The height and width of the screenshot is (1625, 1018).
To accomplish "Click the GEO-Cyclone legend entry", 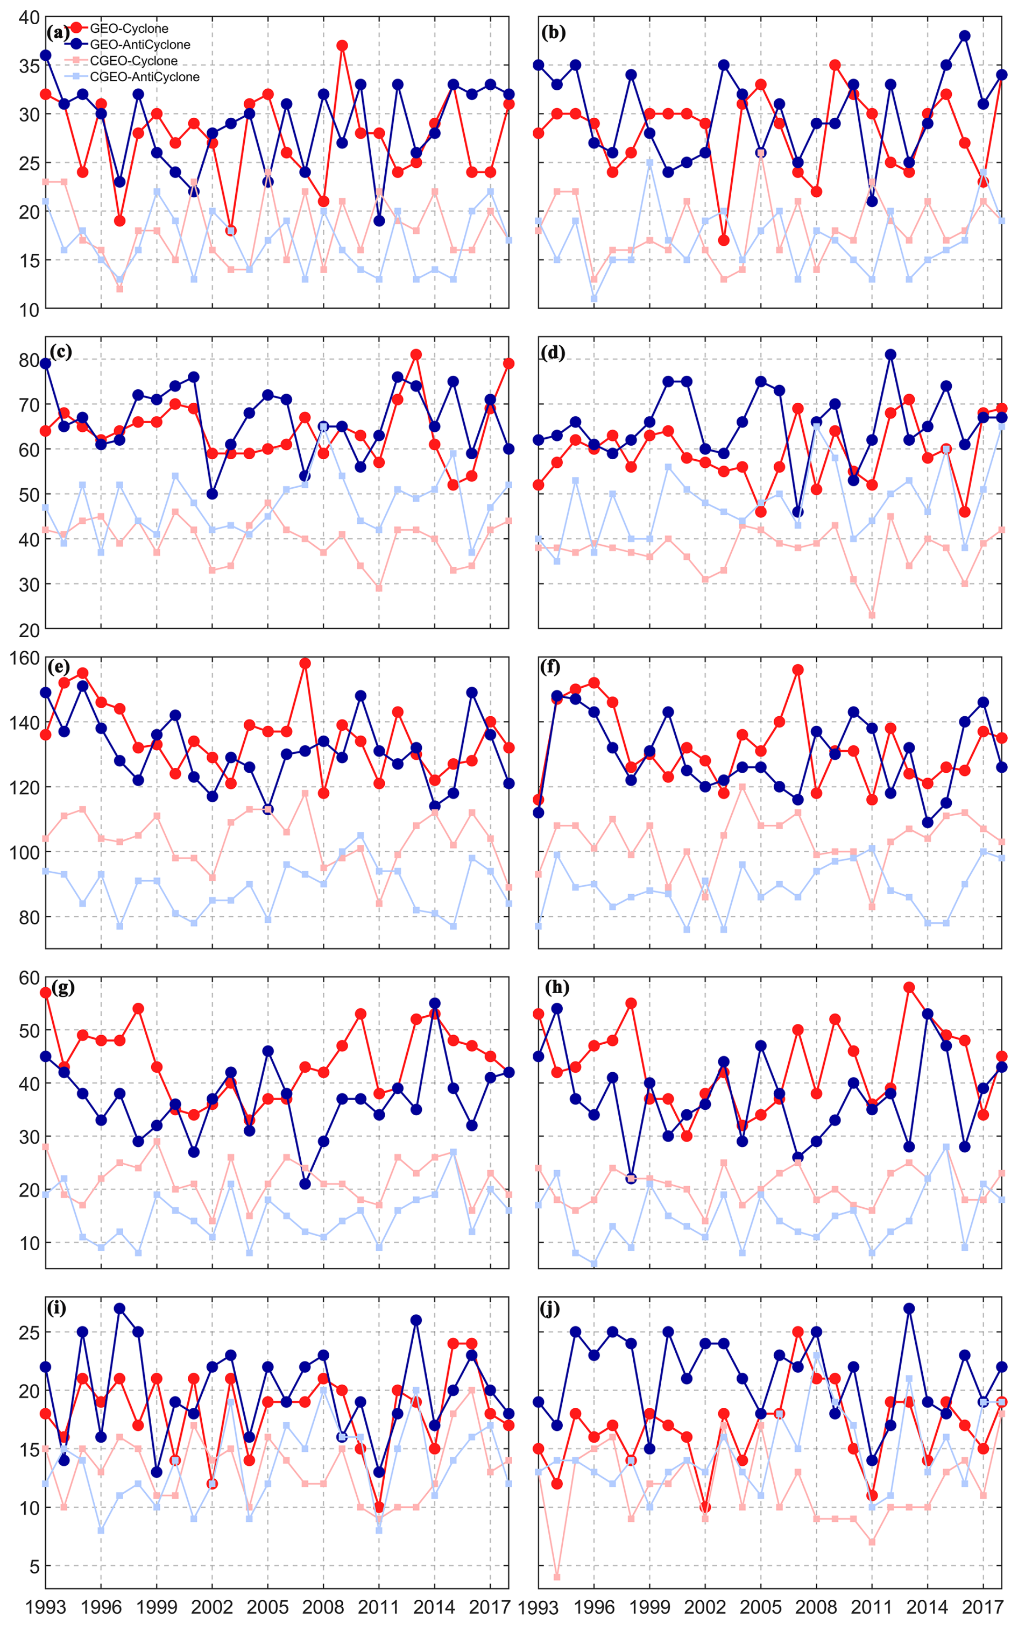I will (129, 28).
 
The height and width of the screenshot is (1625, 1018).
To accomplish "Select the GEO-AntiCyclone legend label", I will (139, 45).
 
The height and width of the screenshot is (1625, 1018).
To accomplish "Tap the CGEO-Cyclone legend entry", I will (133, 61).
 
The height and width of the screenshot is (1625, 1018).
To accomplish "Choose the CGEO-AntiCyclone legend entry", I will (144, 77).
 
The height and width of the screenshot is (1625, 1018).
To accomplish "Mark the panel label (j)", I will (550, 1309).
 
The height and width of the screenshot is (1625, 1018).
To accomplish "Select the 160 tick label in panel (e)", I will (24, 658).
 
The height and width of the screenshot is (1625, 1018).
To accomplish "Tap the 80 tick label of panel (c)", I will (30, 360).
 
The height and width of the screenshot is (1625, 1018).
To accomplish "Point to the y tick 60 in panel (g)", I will (30, 978).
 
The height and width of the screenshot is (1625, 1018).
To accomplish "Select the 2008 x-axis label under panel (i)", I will (323, 1607).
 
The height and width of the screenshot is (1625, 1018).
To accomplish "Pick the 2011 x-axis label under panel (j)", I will (872, 1607).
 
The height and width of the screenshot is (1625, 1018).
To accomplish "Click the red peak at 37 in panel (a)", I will (342, 46).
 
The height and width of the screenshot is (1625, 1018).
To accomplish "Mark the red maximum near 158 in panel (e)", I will (305, 664).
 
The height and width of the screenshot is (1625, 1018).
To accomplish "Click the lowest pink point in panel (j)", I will (557, 1577).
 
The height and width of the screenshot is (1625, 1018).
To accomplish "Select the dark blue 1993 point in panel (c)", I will (46, 364).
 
